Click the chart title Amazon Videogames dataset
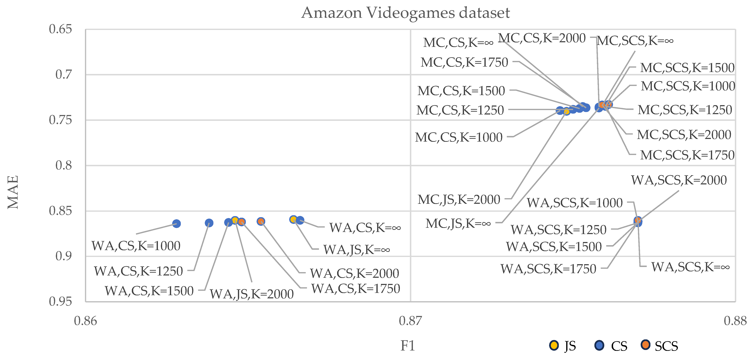[x=405, y=13]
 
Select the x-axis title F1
[x=407, y=346]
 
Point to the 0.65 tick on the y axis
[x=60, y=29]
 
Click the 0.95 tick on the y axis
[x=60, y=302]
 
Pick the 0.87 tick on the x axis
[x=410, y=321]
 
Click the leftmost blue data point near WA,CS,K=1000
[x=176, y=224]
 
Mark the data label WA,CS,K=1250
[x=138, y=271]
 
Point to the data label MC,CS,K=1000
[x=459, y=137]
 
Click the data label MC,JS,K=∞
[x=458, y=224]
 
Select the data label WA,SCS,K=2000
[x=679, y=180]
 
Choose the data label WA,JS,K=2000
[x=252, y=294]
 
